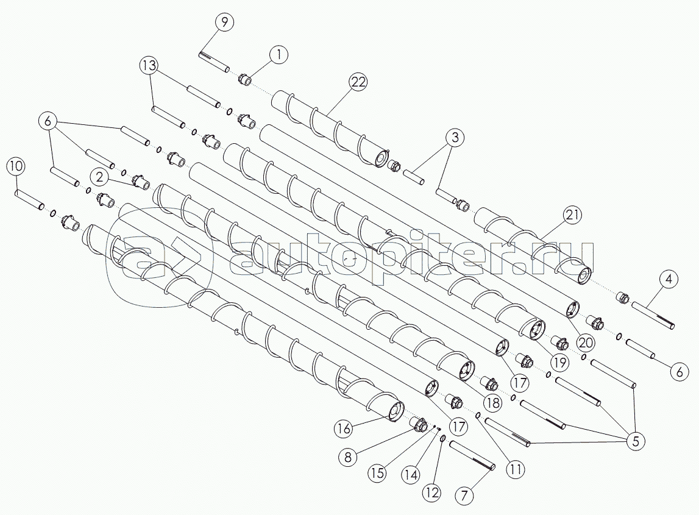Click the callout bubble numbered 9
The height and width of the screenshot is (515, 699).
224,23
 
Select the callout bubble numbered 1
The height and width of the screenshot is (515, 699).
279,54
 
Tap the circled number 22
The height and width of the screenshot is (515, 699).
358,82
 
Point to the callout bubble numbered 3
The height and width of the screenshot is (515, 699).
455,138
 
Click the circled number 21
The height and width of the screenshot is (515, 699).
573,215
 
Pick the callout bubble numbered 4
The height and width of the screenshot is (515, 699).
669,280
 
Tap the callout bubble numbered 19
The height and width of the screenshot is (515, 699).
560,363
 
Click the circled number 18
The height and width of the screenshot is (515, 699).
492,403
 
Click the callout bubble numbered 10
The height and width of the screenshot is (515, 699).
16,167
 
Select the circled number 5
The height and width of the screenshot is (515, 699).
636,441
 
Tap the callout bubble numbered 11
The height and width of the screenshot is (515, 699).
516,469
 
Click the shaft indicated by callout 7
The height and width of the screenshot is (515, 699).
472,455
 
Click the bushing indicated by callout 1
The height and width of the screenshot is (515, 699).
245,79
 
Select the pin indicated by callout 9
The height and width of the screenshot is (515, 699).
214,62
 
